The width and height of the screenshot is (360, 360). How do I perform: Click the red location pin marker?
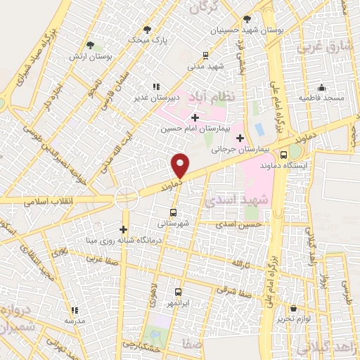tap(180, 165)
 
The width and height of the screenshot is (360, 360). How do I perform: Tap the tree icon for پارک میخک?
tap(147, 30)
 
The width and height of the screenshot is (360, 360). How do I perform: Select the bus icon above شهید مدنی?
tap(205, 55)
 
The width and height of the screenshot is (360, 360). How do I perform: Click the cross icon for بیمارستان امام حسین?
tap(195, 117)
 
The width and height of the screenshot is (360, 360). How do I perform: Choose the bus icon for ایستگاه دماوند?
tap(284, 155)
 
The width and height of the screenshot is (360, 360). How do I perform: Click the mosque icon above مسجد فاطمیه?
tap(322, 87)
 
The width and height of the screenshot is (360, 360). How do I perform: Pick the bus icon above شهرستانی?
tap(174, 212)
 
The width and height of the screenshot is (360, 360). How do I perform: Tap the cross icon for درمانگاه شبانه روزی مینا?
tap(123, 229)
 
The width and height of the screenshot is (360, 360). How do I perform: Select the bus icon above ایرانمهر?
tap(177, 291)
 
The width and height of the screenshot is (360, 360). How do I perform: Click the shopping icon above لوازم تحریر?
tap(294, 308)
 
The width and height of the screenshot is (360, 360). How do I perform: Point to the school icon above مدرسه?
tap(75, 309)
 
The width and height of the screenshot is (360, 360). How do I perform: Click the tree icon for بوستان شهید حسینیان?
tap(247, 20)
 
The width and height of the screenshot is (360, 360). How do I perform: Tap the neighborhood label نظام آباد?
tap(210, 95)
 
